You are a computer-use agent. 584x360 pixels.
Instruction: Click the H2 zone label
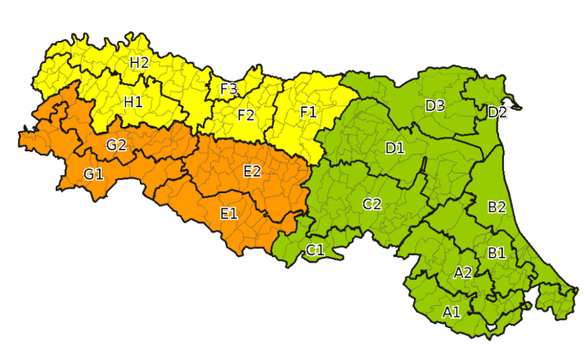pyautogui.click(x=139, y=61)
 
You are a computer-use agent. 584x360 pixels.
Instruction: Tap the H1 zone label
pyautogui.click(x=133, y=101)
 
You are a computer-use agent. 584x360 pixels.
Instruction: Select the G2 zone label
pyautogui.click(x=116, y=145)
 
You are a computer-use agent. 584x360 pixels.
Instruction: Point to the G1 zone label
pyautogui.click(x=93, y=173)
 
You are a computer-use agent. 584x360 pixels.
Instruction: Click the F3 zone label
pyautogui.click(x=229, y=88)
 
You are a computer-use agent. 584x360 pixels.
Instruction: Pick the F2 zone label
pyautogui.click(x=245, y=115)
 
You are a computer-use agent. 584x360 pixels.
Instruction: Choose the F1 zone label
pyautogui.click(x=308, y=112)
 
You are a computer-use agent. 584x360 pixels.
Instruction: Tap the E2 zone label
pyautogui.click(x=252, y=170)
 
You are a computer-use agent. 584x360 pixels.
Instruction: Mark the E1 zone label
pyautogui.click(x=229, y=214)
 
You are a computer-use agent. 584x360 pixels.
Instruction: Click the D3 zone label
pyautogui.click(x=434, y=105)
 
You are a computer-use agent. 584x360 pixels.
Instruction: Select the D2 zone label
pyautogui.click(x=497, y=112)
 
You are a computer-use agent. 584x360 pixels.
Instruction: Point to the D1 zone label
pyautogui.click(x=395, y=148)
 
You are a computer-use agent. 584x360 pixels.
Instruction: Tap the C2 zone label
pyautogui.click(x=372, y=204)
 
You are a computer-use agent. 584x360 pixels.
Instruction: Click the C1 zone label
pyautogui.click(x=316, y=250)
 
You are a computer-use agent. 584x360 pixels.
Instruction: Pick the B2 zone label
pyautogui.click(x=496, y=207)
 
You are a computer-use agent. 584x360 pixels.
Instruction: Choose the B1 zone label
pyautogui.click(x=496, y=253)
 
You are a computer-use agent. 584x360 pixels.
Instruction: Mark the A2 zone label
pyautogui.click(x=463, y=272)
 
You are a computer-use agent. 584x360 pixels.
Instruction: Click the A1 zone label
pyautogui.click(x=451, y=312)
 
